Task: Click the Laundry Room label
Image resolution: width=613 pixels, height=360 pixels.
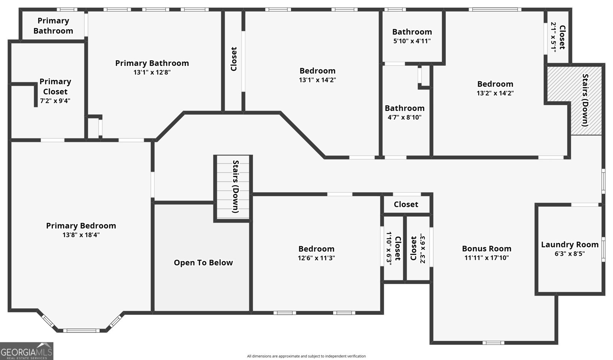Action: tap(570, 245)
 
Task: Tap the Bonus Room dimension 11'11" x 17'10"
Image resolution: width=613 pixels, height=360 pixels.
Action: tap(487, 258)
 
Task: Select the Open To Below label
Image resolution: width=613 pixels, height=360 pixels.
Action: tap(203, 263)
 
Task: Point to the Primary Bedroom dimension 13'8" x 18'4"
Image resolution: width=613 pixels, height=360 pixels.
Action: tap(81, 235)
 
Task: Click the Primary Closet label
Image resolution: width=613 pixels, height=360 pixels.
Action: tap(55, 87)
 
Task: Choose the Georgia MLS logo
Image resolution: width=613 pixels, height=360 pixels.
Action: tap(26, 351)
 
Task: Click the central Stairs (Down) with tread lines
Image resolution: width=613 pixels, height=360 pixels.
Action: tap(233, 187)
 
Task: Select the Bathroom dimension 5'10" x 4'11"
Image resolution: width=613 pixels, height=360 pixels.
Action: tap(412, 41)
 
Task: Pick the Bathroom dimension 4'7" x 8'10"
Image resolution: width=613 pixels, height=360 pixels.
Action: tap(405, 117)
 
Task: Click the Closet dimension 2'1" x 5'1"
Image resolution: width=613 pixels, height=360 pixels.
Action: tap(553, 37)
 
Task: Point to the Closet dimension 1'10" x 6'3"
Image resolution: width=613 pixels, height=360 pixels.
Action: tap(389, 248)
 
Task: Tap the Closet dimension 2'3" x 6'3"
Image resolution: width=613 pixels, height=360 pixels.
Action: tap(423, 248)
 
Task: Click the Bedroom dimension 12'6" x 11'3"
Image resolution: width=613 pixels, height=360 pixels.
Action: tap(316, 258)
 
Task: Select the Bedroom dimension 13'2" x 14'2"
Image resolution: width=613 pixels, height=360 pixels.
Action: tap(495, 93)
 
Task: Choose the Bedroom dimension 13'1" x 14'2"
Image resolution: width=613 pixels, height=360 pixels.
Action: tap(318, 80)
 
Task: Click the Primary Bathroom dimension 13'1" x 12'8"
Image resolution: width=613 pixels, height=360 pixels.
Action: tap(152, 72)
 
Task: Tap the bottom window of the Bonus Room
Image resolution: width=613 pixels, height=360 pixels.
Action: tap(493, 343)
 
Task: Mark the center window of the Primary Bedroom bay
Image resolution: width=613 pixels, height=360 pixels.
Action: tap(81, 331)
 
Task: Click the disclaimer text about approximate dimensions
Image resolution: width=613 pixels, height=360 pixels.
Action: tap(306, 356)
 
